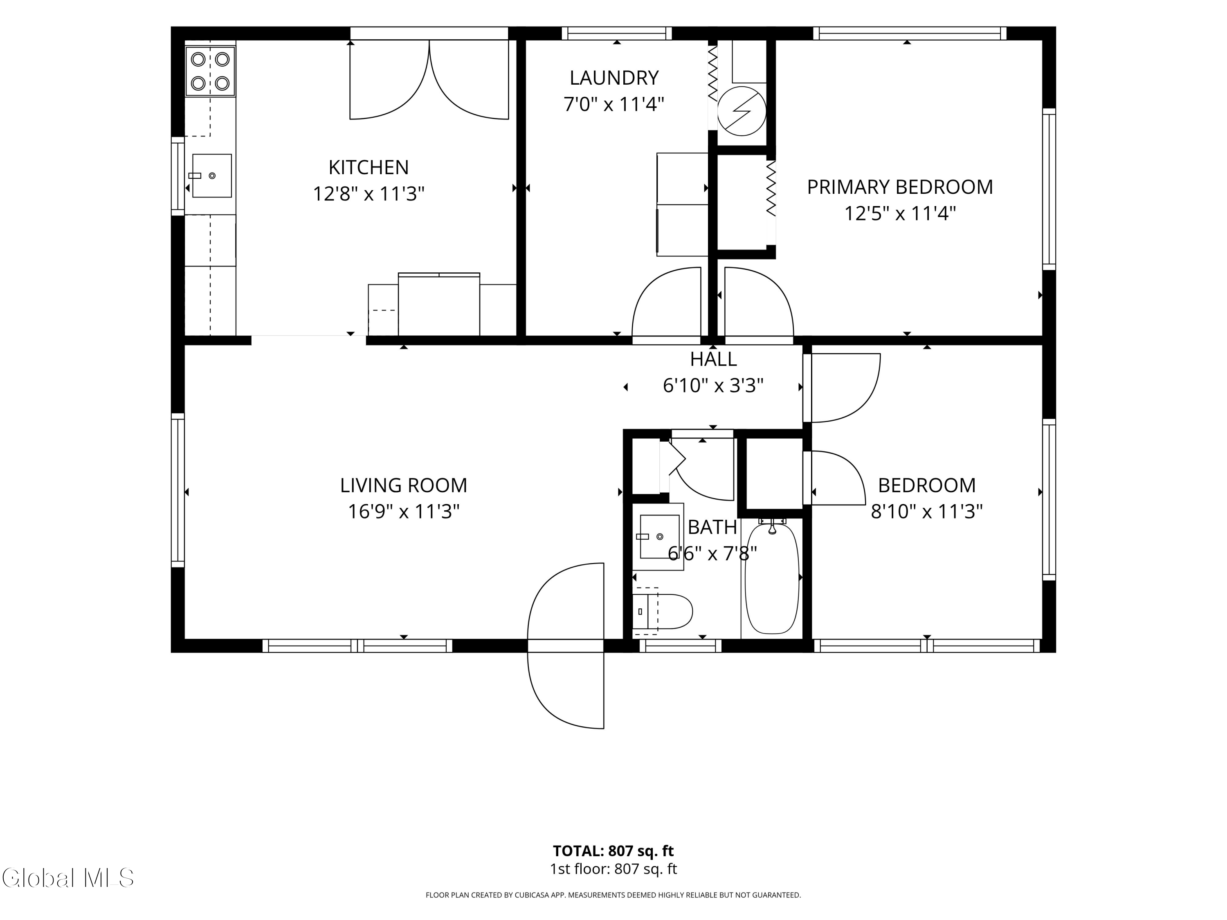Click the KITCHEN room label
369,167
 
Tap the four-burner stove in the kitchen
210,72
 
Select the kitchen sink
211,176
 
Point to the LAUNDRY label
614,78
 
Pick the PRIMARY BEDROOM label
900,187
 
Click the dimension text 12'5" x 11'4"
900,213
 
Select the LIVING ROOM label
404,485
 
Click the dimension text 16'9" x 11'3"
404,511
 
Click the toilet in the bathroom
663,611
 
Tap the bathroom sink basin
660,536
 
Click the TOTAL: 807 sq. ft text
613,850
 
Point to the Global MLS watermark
67,878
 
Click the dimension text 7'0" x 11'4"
614,104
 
